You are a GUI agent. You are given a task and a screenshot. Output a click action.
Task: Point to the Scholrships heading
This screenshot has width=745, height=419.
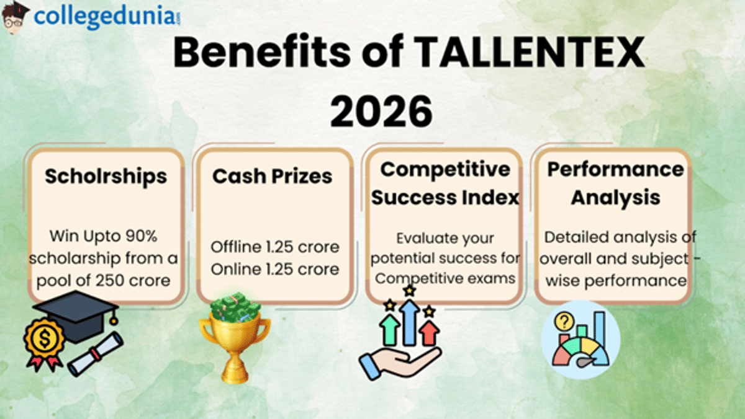106,176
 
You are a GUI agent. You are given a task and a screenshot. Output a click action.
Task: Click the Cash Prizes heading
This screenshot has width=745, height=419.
273,176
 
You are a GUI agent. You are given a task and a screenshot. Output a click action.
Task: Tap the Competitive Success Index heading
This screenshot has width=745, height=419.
445,183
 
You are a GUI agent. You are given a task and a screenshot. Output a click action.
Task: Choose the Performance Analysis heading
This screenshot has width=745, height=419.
615,183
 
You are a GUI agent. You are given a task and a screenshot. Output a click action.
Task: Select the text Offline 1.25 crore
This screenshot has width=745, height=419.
275,247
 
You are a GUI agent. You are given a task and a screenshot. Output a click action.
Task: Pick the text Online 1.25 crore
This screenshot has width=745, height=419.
275,269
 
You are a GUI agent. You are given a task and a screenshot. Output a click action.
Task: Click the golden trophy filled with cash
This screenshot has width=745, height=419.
235,338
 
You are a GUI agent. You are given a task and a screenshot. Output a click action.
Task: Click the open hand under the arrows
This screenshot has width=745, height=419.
397,363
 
